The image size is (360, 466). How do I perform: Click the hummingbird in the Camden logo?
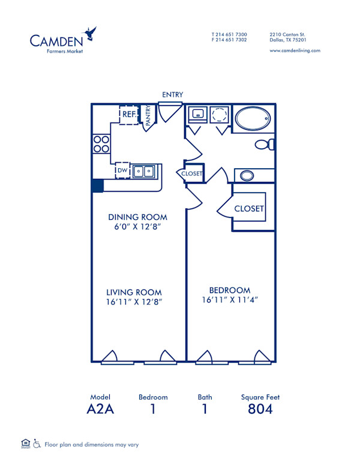tap(91, 34)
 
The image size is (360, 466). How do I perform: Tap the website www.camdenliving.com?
tap(295, 50)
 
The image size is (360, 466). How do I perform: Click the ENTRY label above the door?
tap(172, 95)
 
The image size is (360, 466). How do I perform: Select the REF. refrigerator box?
tap(129, 114)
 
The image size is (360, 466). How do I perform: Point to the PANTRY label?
tap(148, 115)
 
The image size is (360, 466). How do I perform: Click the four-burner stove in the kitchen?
tap(101, 144)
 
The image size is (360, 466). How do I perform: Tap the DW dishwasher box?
tap(122, 171)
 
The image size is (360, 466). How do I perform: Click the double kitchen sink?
tap(144, 172)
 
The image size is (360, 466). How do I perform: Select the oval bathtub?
tap(253, 118)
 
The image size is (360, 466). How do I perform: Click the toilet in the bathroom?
tap(265, 144)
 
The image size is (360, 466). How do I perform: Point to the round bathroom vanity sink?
tap(247, 176)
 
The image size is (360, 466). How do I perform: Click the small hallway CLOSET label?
tap(192, 174)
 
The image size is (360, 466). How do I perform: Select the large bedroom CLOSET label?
tap(249, 208)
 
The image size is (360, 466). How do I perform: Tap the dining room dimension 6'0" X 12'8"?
tap(137, 228)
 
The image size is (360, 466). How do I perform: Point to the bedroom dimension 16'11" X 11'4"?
tap(230, 300)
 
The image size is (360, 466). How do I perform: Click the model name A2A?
tap(100, 410)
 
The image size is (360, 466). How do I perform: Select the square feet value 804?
tap(260, 410)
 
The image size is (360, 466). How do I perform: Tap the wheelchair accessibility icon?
tap(37, 444)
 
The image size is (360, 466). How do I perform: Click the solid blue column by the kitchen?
tap(97, 186)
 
